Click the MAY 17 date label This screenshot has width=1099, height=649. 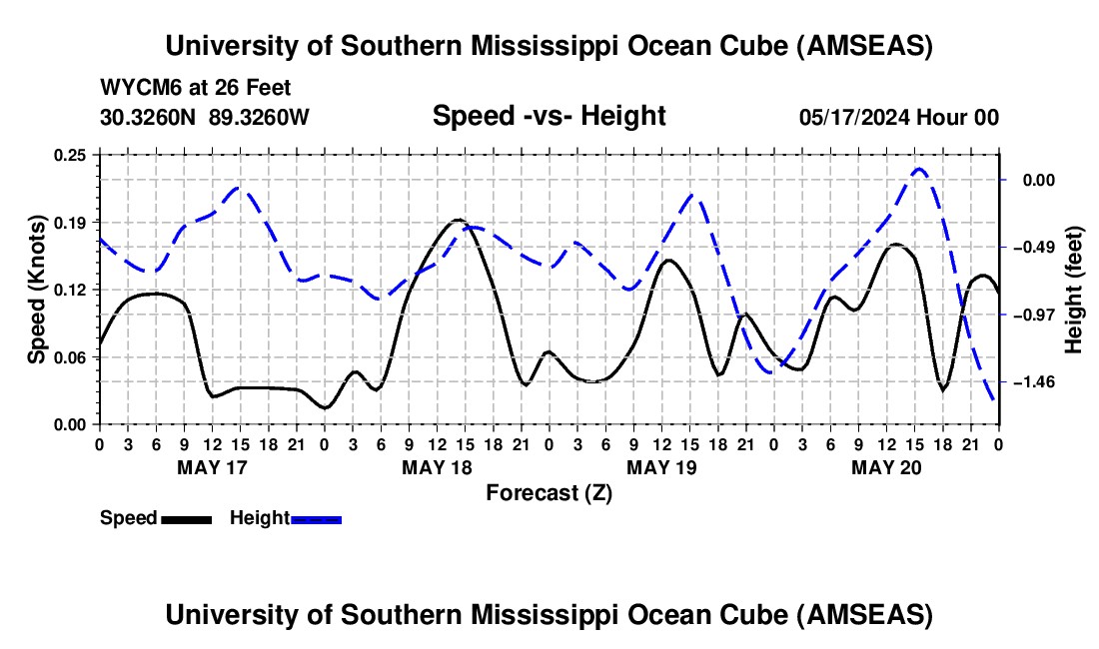pos(212,467)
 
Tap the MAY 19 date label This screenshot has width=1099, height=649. pos(660,467)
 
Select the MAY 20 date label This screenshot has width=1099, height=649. pos(885,467)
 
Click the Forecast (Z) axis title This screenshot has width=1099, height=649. pos(549,492)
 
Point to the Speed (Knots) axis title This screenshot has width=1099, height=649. pos(37,290)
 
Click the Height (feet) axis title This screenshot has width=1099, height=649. pos(1074,290)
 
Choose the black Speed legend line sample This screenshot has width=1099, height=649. pos(186,519)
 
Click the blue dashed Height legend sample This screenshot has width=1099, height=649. pos(317,519)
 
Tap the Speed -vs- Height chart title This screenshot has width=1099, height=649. pos(549,117)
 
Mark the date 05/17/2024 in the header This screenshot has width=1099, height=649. pos(857,117)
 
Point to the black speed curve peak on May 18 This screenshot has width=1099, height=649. pos(458,220)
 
